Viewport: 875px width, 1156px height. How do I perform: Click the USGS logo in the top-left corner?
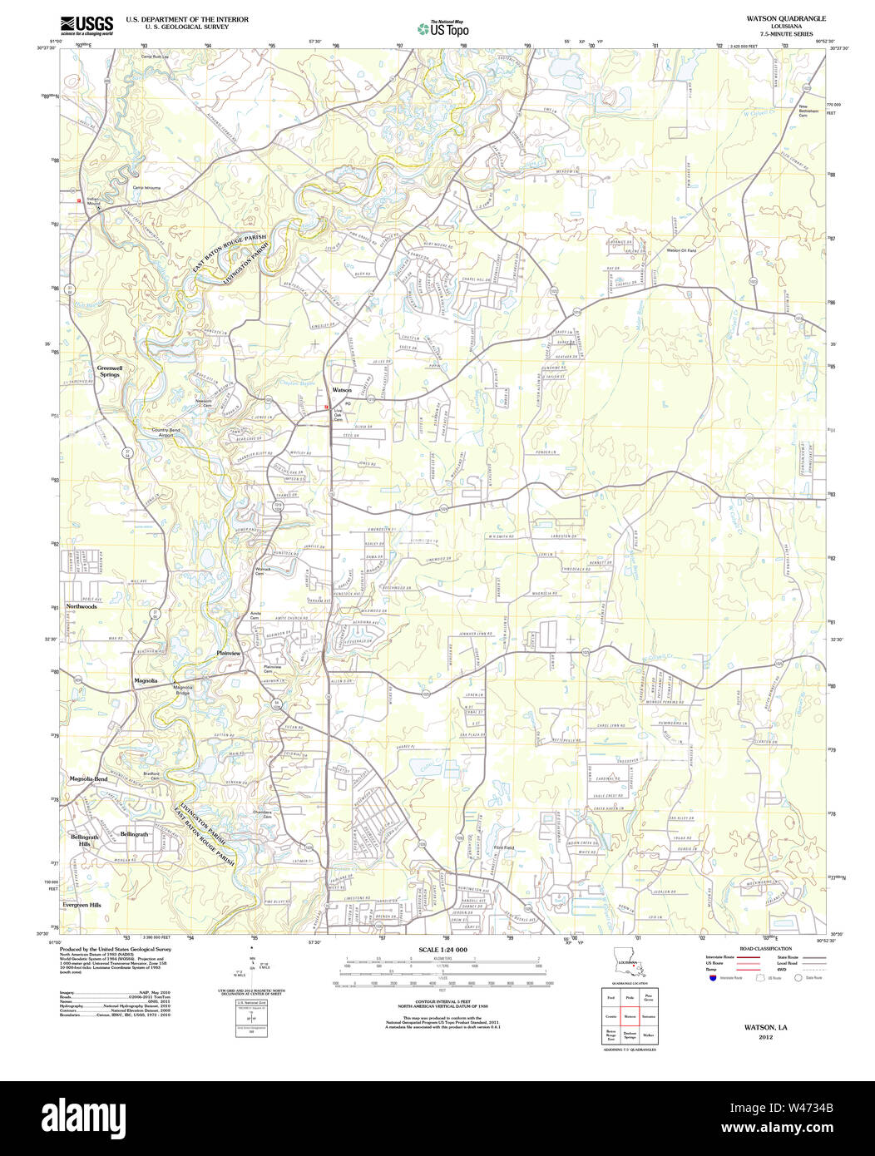[87, 26]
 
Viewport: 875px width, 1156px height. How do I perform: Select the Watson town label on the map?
[342, 390]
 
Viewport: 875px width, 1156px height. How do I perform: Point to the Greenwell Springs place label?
[109, 371]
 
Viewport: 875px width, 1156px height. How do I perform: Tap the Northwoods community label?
[82, 606]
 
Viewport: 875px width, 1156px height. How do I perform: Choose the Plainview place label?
[228, 653]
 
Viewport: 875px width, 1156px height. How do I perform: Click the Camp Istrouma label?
[146, 187]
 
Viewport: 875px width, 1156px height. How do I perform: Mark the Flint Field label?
[504, 847]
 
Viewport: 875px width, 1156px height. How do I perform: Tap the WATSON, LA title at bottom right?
[765, 1027]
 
